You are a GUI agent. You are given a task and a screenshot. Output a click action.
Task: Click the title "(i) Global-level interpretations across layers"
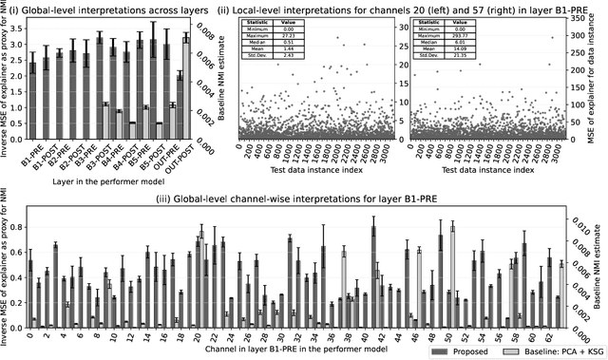[107, 8]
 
